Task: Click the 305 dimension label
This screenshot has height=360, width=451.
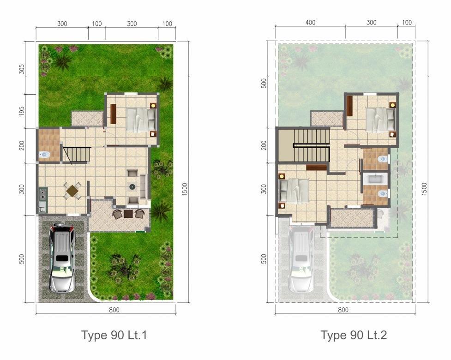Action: tap(22, 69)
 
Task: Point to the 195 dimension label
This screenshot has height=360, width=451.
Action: tap(22, 112)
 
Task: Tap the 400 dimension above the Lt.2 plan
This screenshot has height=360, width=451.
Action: tap(310, 23)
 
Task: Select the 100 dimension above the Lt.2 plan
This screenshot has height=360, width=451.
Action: tap(407, 23)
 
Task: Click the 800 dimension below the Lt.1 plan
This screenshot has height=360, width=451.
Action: tap(114, 310)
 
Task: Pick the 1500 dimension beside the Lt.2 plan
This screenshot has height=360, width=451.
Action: tap(425, 189)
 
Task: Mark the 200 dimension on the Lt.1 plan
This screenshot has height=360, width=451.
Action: tap(22, 145)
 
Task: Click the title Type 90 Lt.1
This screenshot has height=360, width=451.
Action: tap(114, 335)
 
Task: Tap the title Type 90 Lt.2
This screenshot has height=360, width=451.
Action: tap(354, 335)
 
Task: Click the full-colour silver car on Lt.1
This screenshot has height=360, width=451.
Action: tap(61, 258)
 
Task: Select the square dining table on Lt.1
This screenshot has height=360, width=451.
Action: tap(72, 190)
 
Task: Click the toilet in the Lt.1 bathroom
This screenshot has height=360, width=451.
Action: tap(44, 155)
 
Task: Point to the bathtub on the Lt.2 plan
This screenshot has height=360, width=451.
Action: tap(375, 179)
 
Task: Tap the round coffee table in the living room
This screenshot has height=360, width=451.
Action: tap(132, 186)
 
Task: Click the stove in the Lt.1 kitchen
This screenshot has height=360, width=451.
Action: tap(42, 193)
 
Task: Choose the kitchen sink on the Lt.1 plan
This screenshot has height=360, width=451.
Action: tap(42, 207)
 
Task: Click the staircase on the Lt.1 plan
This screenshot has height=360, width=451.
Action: tap(77, 155)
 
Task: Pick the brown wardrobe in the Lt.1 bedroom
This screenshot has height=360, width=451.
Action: tap(113, 114)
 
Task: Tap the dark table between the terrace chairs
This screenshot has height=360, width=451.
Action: tap(128, 214)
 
